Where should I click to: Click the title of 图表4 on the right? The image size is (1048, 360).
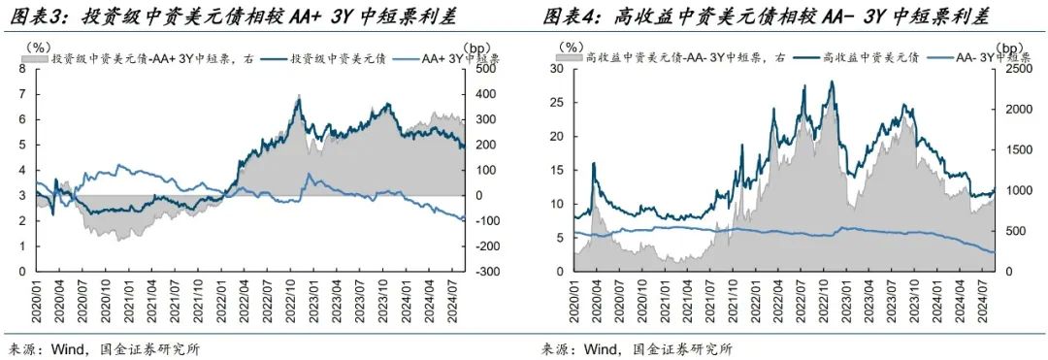pos(767,17)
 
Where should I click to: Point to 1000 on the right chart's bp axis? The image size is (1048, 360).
pos(1013,190)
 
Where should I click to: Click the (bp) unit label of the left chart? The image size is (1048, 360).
pos(478,47)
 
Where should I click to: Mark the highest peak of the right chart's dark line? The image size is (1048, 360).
pos(831,82)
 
